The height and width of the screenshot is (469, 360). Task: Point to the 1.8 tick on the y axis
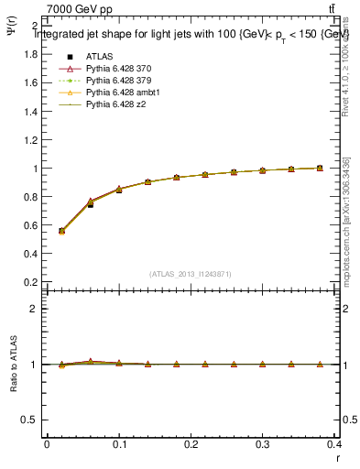click(31, 54)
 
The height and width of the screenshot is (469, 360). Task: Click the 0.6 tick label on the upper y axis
click(31, 225)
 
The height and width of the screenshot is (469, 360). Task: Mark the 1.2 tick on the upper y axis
click(31, 140)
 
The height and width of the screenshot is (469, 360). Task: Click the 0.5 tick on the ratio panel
click(31, 420)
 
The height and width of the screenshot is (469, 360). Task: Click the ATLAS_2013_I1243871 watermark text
click(190, 274)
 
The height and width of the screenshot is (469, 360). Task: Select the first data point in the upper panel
click(61, 231)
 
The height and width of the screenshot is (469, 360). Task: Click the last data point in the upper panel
click(319, 168)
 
